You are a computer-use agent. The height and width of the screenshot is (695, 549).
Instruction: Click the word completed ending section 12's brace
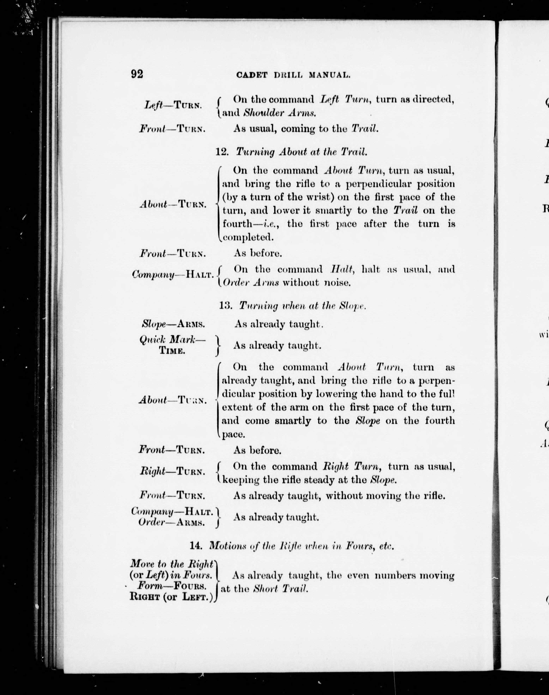[x=248, y=237]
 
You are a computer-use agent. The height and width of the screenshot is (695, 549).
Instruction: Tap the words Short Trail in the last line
[x=281, y=589]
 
